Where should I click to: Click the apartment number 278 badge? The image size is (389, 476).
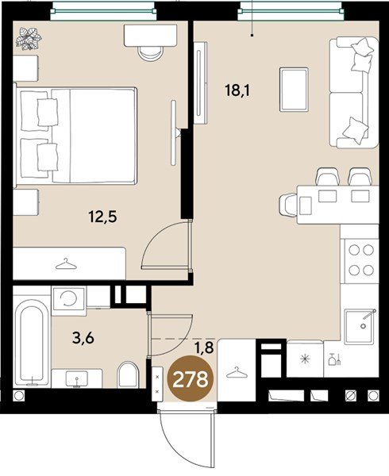click(191, 378)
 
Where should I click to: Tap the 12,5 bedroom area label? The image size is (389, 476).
click(103, 217)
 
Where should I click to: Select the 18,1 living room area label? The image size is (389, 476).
click(237, 90)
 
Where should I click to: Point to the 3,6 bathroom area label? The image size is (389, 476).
click(83, 338)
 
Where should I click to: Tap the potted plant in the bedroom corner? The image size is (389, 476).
click(29, 39)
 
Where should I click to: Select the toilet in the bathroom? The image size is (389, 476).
click(129, 374)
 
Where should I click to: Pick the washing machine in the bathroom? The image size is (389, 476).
click(68, 299)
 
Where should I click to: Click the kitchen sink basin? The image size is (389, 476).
click(360, 327)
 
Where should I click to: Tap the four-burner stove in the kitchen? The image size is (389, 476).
click(360, 260)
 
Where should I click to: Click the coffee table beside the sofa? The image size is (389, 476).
click(294, 90)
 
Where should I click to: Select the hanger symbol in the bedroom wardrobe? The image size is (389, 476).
click(66, 264)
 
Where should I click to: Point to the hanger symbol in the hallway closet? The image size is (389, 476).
click(237, 372)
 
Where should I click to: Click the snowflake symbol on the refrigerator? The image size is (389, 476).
click(304, 359)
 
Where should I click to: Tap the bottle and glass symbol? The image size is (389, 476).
click(335, 359)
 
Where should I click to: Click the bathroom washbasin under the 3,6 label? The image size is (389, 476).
click(76, 378)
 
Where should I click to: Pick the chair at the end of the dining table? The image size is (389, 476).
click(287, 205)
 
